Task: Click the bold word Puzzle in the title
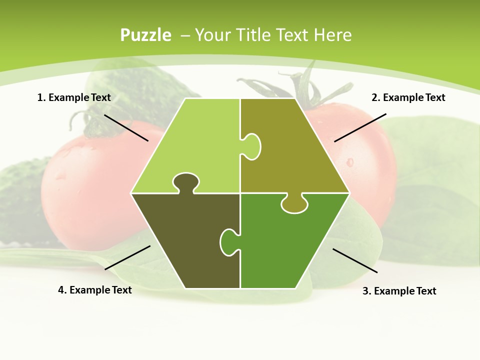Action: click(145, 35)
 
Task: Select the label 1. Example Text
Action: click(74, 97)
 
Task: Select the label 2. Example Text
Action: click(408, 97)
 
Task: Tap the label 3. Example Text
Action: click(399, 291)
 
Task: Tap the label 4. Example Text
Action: click(95, 290)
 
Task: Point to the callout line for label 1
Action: click(126, 127)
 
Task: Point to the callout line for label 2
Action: click(360, 127)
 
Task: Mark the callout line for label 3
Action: click(355, 260)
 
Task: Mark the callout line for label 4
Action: click(127, 257)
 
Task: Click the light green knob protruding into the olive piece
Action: click(252, 146)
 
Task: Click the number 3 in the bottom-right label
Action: click(365, 291)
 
